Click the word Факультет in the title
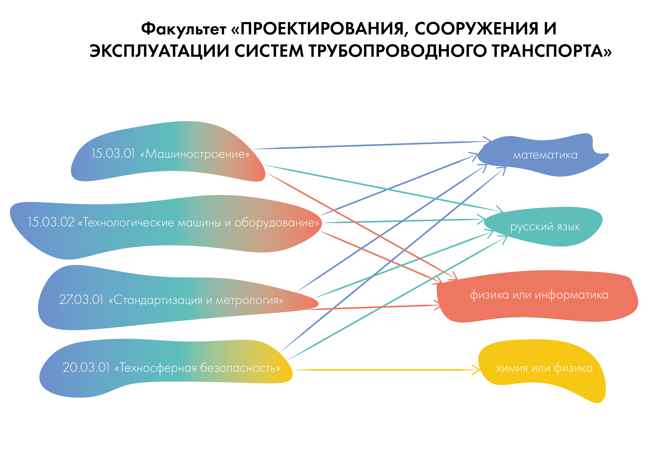(183, 29)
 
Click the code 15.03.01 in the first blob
(113, 154)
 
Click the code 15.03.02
(51, 222)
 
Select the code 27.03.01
(81, 299)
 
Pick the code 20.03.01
(86, 367)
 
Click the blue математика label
(545, 155)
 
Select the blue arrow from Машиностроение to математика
(367, 145)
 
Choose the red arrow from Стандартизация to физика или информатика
(373, 307)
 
